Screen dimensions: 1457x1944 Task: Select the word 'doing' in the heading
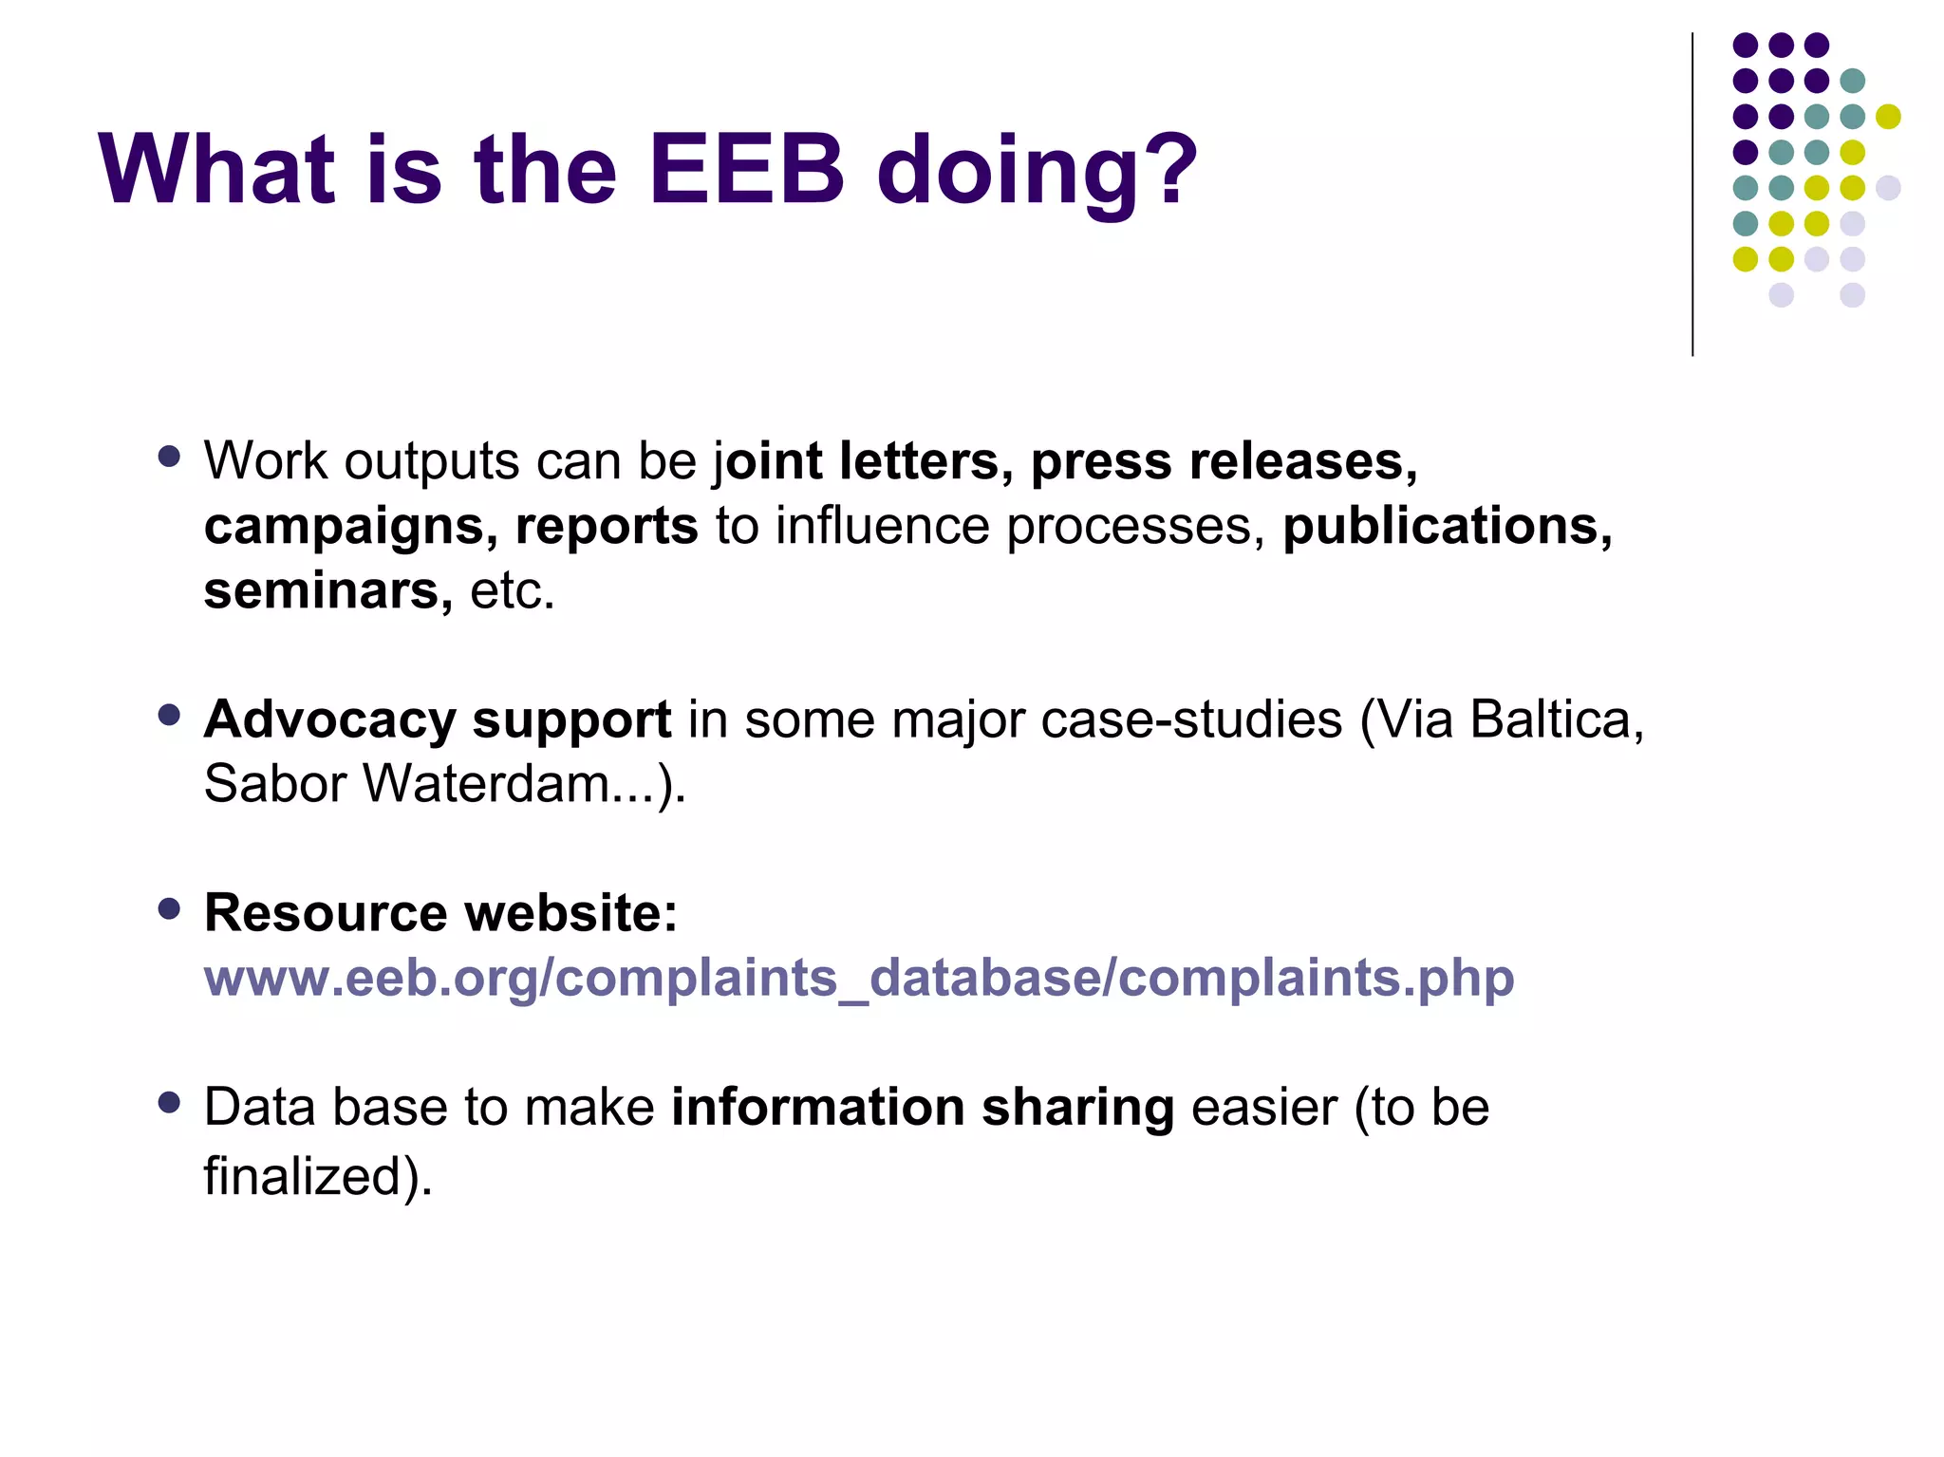[x=1006, y=176]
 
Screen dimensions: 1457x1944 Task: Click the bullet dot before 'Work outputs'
[x=170, y=457]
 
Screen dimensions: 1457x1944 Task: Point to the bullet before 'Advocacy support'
[x=170, y=715]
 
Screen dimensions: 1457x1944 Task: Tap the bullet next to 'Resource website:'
[x=170, y=909]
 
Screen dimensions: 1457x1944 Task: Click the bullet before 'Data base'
[x=170, y=1103]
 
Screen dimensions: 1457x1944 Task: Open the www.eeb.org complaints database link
[x=859, y=978]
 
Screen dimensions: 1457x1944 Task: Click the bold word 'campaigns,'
[x=351, y=527]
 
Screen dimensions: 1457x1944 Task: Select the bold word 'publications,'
[x=1448, y=527]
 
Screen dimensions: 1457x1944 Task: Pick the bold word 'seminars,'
[x=328, y=590]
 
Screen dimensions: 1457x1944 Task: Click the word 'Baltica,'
[x=1557, y=719]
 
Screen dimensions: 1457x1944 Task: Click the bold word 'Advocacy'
[x=330, y=721]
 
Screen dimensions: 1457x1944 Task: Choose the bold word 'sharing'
[x=1078, y=1109]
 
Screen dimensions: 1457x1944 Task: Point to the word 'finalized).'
[x=318, y=1176]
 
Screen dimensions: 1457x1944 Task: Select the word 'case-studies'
[x=1192, y=719]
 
